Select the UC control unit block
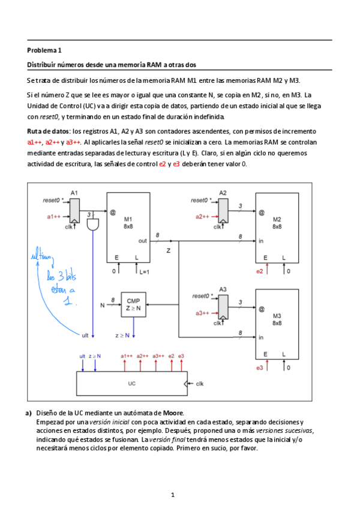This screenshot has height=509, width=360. pyautogui.click(x=131, y=382)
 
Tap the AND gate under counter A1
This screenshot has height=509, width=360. pyautogui.click(x=93, y=226)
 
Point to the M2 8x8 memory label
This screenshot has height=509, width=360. pyautogui.click(x=277, y=223)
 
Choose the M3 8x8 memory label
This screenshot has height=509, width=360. pyautogui.click(x=277, y=319)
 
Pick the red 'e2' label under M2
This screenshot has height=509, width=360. pyautogui.click(x=260, y=272)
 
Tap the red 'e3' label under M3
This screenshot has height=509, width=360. pyautogui.click(x=260, y=367)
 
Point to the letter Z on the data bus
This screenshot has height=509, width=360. pyautogui.click(x=169, y=250)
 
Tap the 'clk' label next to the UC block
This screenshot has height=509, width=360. pyautogui.click(x=200, y=383)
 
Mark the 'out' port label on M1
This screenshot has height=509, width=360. pyautogui.click(x=142, y=241)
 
